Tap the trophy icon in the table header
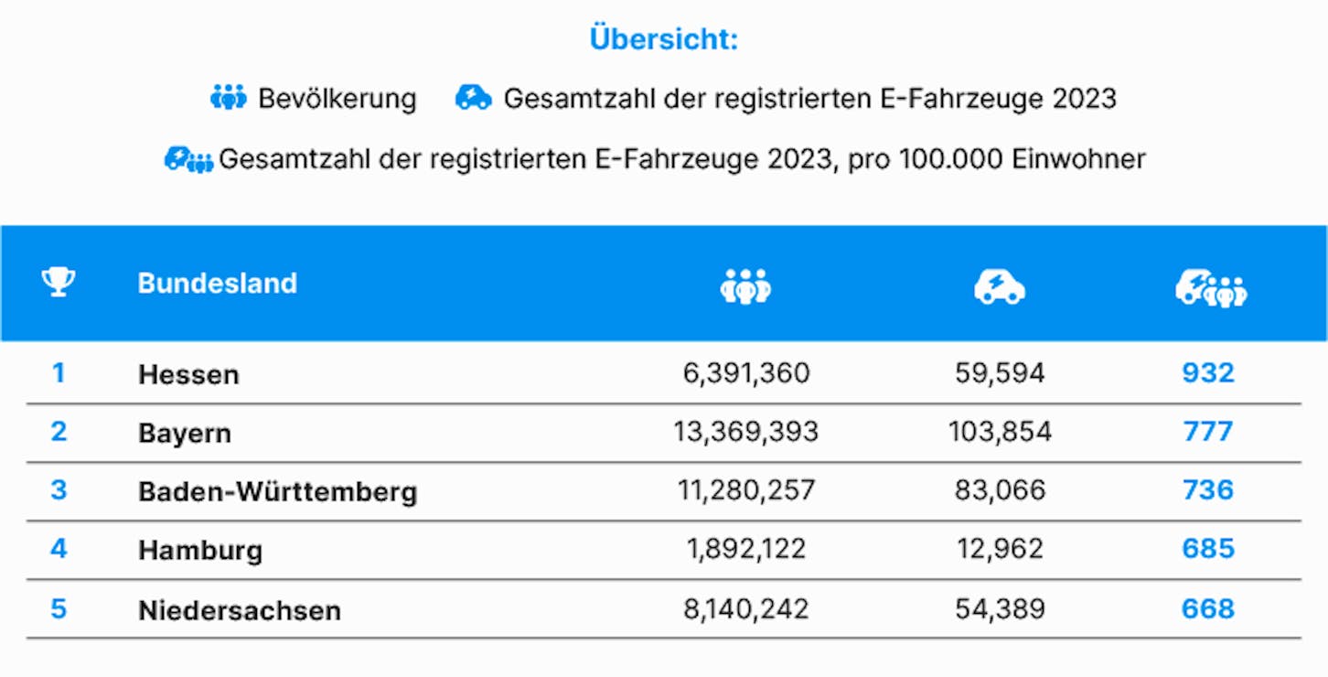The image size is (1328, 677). click(59, 282)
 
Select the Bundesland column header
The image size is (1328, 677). click(217, 284)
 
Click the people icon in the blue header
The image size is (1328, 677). click(745, 286)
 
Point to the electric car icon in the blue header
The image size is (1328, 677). click(1000, 287)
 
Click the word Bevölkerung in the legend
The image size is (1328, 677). click(337, 99)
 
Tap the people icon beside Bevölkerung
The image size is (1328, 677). click(229, 97)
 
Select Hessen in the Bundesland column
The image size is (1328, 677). click(188, 375)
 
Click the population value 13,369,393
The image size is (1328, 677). click(745, 432)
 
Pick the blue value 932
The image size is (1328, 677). click(1208, 373)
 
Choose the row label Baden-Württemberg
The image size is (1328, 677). click(278, 491)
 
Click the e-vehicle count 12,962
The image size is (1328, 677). click(1001, 549)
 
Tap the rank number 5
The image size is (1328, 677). click(59, 608)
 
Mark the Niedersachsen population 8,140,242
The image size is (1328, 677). click(745, 608)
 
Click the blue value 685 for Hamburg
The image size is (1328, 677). click(1208, 548)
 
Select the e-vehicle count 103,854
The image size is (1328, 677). click(1001, 432)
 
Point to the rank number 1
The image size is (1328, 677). click(59, 373)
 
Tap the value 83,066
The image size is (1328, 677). click(1001, 490)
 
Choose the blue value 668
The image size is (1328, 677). click(1208, 608)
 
